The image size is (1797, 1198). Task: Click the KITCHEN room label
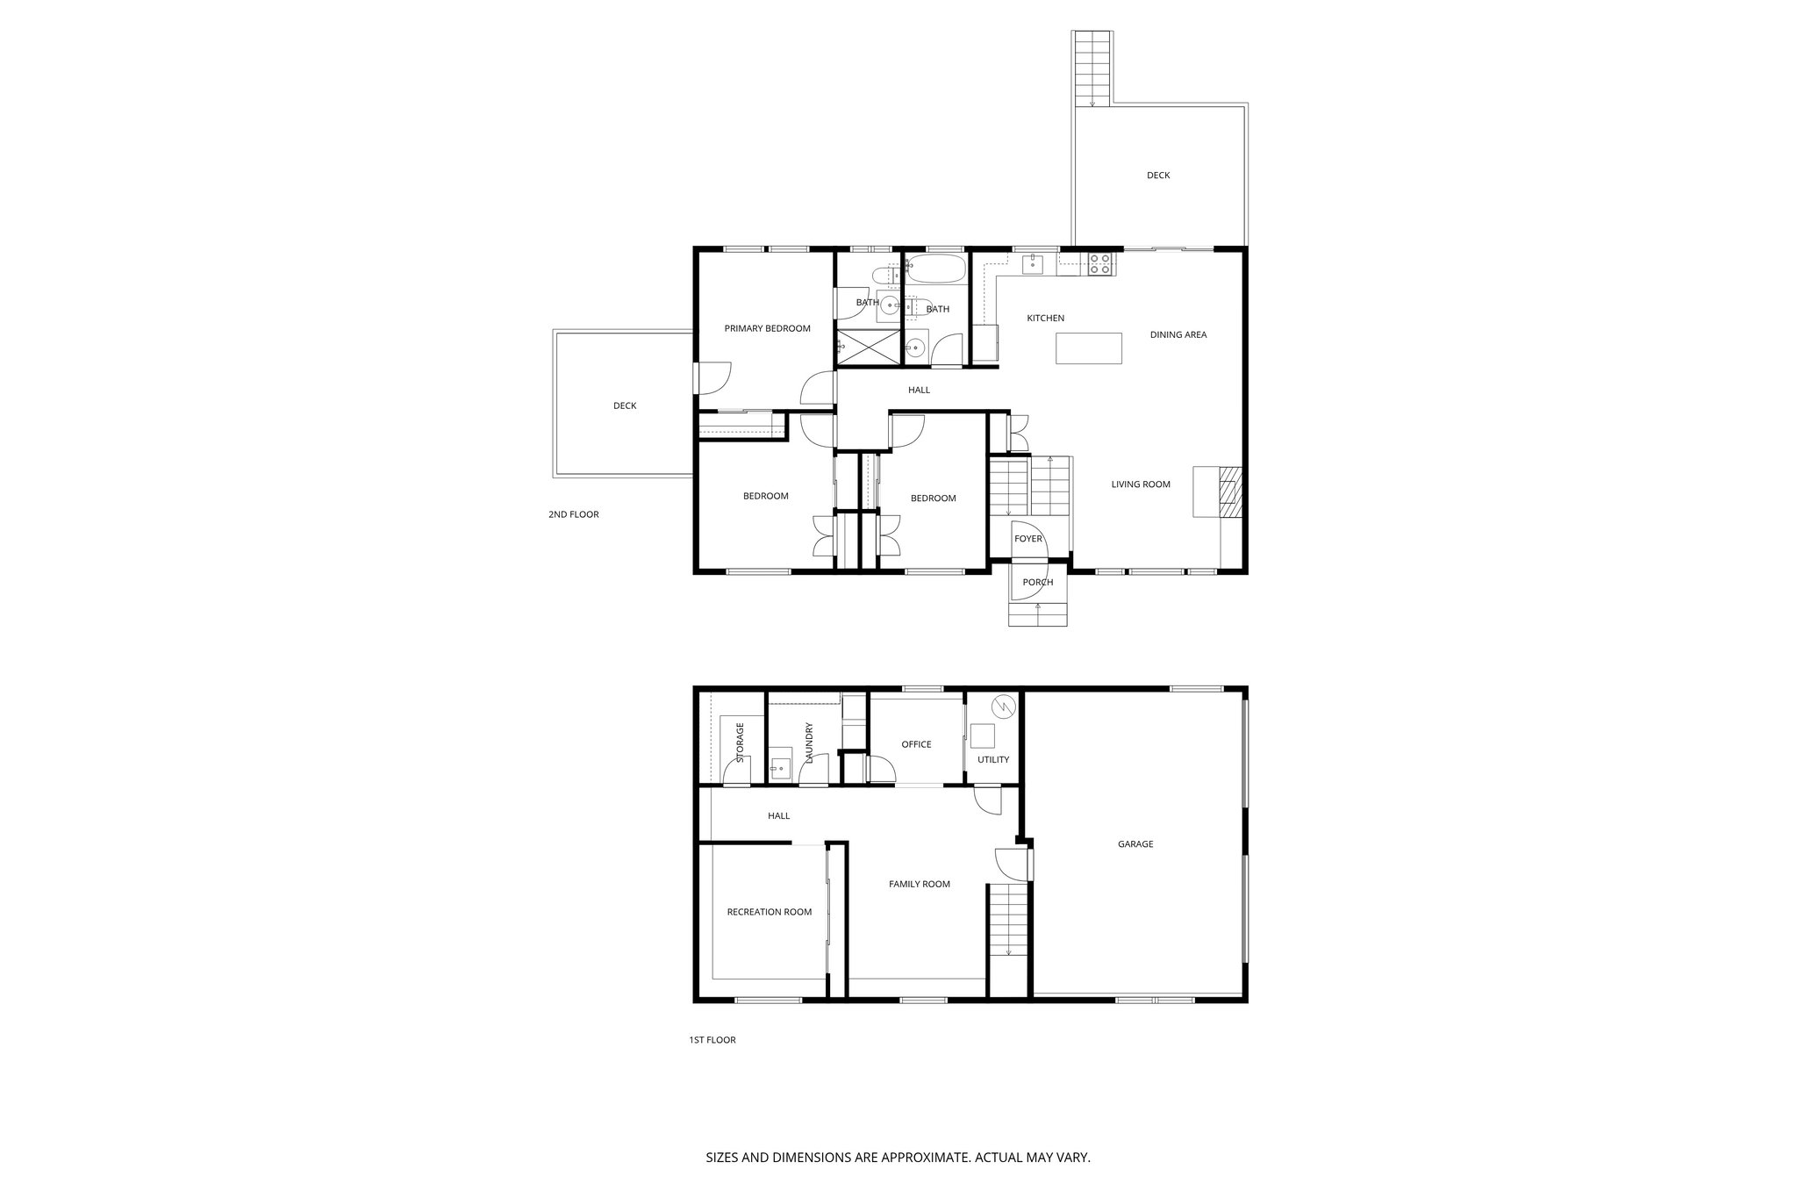click(x=1045, y=318)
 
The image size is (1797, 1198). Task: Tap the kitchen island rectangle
click(x=1089, y=348)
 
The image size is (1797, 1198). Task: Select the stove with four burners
click(x=1100, y=262)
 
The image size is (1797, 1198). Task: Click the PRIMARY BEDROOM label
click(x=767, y=328)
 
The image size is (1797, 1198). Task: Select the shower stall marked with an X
click(x=869, y=347)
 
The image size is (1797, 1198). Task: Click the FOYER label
click(x=1027, y=538)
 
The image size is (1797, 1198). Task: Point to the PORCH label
click(x=1037, y=582)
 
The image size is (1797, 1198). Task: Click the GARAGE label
click(x=1135, y=843)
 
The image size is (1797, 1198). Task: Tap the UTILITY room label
click(x=993, y=759)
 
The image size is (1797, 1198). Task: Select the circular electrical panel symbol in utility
click(x=1002, y=707)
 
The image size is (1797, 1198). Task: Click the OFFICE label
click(x=916, y=744)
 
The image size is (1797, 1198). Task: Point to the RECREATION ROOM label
click(x=769, y=912)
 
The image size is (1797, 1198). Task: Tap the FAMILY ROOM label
click(x=919, y=884)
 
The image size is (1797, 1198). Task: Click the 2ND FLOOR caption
click(x=573, y=514)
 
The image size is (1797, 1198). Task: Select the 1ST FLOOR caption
click(x=712, y=1040)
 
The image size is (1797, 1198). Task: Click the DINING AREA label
click(x=1178, y=334)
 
